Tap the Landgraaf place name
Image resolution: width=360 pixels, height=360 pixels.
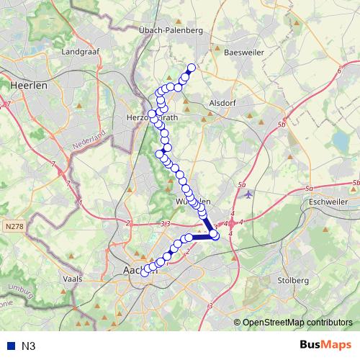coord(80,53)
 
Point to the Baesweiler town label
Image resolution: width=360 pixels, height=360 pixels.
coord(244,53)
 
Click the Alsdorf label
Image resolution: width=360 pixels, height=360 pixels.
coord(222,103)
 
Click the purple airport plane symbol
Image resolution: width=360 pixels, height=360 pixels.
coord(248,194)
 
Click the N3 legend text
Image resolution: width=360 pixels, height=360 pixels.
coord(29,346)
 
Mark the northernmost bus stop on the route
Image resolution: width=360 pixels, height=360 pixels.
coord(192,68)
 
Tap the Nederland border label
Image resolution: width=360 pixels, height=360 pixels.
coord(89,143)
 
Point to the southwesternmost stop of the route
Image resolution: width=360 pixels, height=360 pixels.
coord(145,271)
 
